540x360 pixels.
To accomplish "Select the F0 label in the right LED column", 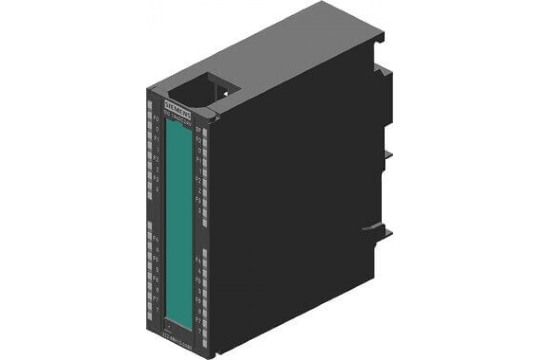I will [x=198, y=140].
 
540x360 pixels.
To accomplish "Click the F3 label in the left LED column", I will [x=156, y=179].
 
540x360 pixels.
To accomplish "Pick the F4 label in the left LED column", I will [x=156, y=239].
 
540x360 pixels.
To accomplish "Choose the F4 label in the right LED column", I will [x=198, y=261].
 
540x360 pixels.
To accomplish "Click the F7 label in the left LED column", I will [x=156, y=299].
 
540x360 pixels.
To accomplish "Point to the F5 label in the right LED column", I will [x=198, y=280].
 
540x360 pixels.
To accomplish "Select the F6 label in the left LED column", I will [x=156, y=279].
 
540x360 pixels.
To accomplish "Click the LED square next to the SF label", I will [x=205, y=132].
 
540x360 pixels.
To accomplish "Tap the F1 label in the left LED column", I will [x=156, y=139].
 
